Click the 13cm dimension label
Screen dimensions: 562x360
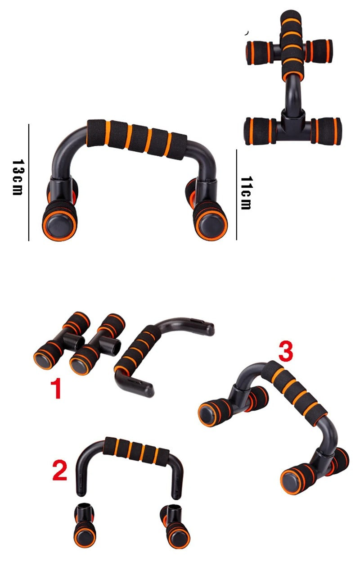[x=17, y=177]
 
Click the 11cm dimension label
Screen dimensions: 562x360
[x=246, y=193]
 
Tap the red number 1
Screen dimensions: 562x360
[x=55, y=389]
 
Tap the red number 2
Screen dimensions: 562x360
[x=59, y=470]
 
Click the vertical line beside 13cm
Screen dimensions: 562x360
[x=28, y=182]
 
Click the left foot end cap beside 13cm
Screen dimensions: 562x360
[x=60, y=222]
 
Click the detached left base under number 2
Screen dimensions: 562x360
[x=84, y=527]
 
